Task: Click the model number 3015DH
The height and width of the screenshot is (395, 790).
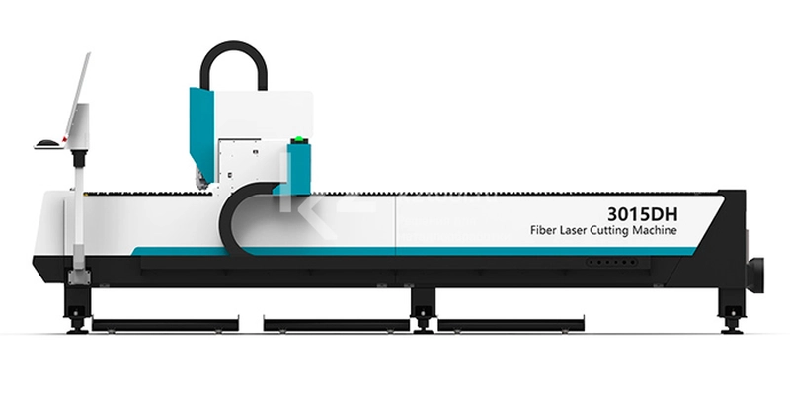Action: pos(643,214)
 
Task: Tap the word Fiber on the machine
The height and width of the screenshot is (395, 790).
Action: pos(541,230)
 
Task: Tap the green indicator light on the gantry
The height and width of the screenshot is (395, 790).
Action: pos(299,139)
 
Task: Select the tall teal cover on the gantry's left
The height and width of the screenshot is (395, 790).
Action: pos(201,133)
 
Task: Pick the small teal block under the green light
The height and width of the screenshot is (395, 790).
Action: pos(299,169)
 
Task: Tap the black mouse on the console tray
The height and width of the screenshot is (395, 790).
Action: pos(47,142)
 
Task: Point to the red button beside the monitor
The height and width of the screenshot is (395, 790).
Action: pos(64,139)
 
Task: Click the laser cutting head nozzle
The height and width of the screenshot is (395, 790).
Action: pos(203,180)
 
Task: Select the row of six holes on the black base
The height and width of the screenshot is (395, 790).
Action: pos(611,262)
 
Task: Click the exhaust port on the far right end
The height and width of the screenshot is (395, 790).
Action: pos(754,275)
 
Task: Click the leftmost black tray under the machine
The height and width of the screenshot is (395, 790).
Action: pos(165,325)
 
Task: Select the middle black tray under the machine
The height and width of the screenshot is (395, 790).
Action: pos(336,325)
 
